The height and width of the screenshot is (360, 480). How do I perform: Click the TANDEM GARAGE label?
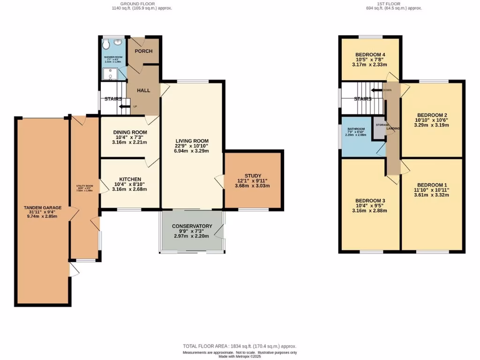42,207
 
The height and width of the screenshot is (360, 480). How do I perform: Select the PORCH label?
143,51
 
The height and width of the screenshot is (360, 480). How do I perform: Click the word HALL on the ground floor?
143,90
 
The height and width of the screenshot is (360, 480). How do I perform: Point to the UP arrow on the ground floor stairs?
124,107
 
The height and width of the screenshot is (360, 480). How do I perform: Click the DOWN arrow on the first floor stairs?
377,90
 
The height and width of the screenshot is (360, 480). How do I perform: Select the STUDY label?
253,176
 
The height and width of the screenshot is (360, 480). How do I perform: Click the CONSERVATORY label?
192,226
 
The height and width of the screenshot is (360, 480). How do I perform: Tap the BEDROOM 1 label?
433,184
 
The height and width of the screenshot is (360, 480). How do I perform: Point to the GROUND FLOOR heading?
138,3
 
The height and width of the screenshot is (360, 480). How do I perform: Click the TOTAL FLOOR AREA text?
239,346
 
